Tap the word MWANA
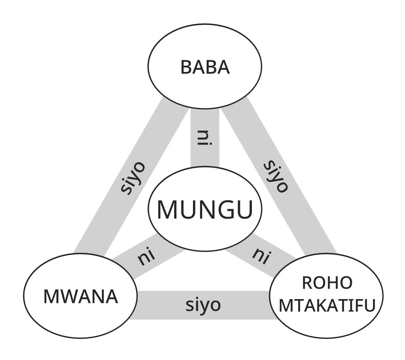click(80, 296)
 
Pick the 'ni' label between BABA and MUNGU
click(205, 138)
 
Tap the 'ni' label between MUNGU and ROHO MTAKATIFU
click(260, 255)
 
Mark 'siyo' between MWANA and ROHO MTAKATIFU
click(203, 305)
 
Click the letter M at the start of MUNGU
click(167, 209)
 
